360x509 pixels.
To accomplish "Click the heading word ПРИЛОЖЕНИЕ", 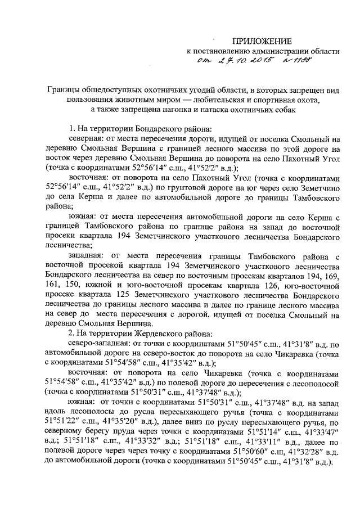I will pos(263,41).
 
